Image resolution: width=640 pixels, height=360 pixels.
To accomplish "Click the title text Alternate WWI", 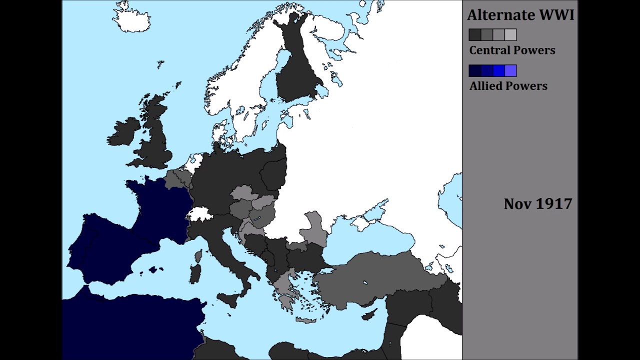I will [x=520, y=15].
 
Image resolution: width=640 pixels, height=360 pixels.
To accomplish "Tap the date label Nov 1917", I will [x=537, y=204].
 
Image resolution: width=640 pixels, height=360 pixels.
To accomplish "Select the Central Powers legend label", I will [x=512, y=50].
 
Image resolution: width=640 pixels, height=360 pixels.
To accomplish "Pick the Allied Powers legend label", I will [x=508, y=86].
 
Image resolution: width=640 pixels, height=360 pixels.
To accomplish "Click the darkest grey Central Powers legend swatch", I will [x=474, y=35].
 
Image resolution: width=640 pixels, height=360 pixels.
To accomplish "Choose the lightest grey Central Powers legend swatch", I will [x=510, y=35].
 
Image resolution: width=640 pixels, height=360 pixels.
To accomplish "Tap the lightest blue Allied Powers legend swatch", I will [x=510, y=71].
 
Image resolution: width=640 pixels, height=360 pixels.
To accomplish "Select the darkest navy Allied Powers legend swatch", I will [x=474, y=71].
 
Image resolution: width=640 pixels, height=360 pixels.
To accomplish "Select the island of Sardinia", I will [x=195, y=274].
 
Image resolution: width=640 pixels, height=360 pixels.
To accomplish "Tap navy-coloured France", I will [x=160, y=205].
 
